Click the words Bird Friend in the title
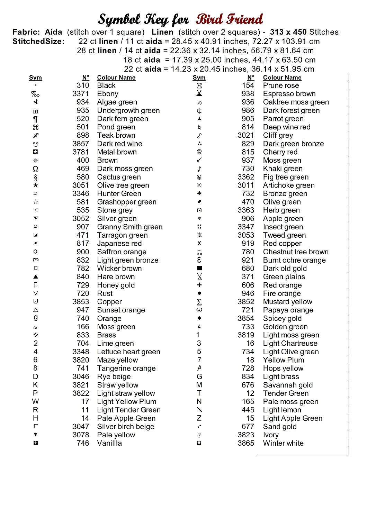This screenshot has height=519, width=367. click(229, 19)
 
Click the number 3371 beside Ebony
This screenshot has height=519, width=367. click(81, 94)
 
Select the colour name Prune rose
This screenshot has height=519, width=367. click(281, 85)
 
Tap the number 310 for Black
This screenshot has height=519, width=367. click(83, 85)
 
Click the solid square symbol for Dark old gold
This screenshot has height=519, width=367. click(199, 268)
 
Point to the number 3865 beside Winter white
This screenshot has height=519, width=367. click(246, 443)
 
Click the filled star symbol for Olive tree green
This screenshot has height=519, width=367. click(36, 185)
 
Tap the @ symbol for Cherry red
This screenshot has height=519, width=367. click(199, 152)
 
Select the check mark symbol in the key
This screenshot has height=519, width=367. click(199, 160)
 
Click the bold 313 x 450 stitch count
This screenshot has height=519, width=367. click(288, 32)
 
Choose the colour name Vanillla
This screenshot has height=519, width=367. click(109, 443)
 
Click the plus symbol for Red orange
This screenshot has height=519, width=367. click(199, 285)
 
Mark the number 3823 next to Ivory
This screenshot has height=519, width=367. click(246, 435)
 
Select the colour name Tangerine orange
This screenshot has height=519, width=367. click(126, 368)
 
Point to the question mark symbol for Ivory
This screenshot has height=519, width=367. click(199, 435)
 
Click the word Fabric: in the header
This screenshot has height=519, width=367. click(26, 32)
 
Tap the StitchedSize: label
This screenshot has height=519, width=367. click(38, 42)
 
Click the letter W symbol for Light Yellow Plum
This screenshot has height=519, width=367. click(35, 401)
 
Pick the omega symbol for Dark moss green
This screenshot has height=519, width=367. click(35, 169)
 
